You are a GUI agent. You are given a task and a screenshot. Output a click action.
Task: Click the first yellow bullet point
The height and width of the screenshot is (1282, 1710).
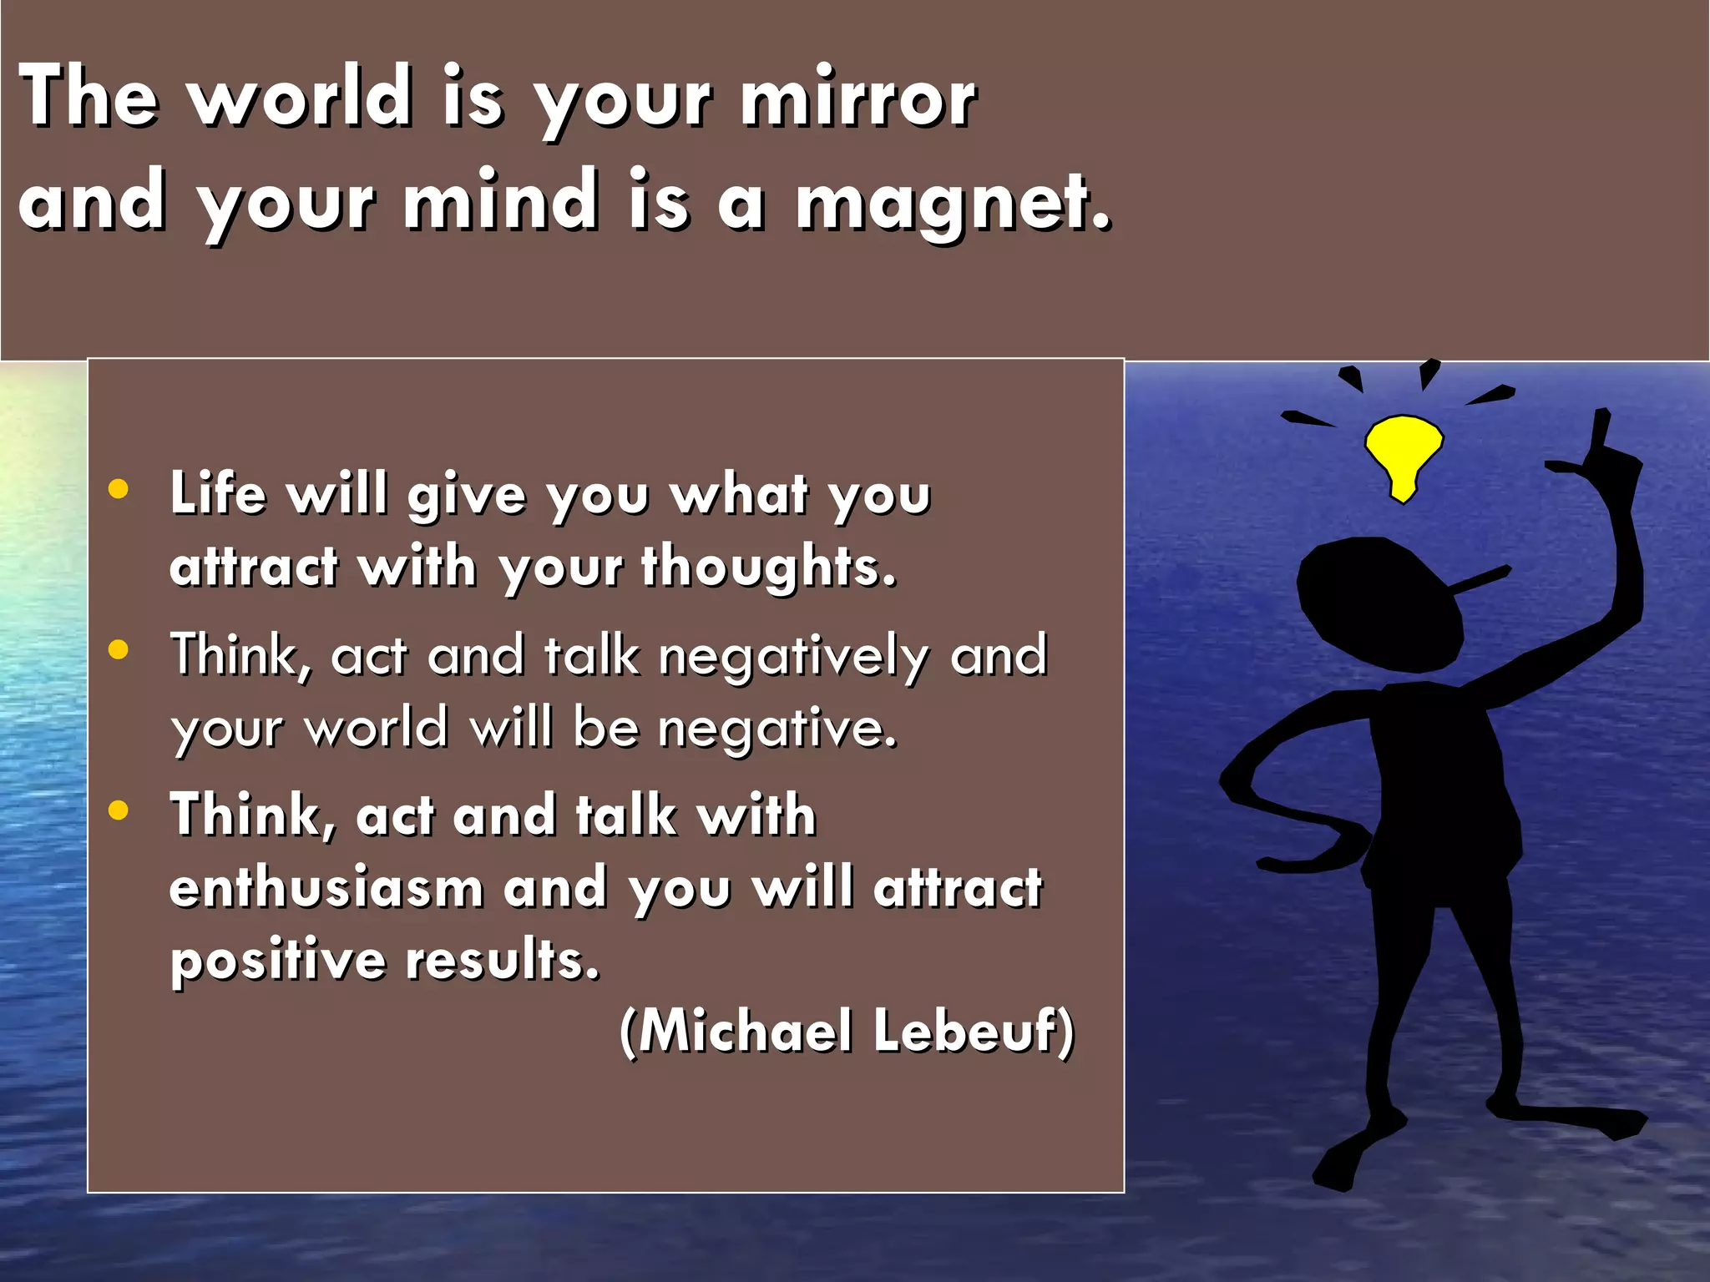[x=119, y=490]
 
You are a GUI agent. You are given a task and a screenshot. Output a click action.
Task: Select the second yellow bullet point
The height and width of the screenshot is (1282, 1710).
[x=119, y=650]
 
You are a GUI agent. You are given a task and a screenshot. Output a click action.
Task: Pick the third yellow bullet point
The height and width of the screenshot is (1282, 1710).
[x=119, y=810]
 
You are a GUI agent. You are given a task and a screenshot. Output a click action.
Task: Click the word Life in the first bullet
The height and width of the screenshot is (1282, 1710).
[x=218, y=493]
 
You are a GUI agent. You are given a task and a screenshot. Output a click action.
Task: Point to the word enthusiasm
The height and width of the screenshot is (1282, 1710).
[x=326, y=888]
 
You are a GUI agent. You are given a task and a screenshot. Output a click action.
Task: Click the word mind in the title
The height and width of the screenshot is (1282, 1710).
[x=501, y=202]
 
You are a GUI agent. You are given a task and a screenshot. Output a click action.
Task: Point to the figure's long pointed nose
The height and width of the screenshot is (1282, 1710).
[x=1482, y=578]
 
